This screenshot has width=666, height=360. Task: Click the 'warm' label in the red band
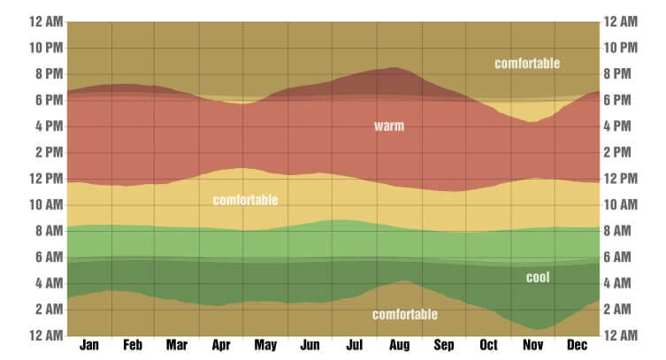[388, 126]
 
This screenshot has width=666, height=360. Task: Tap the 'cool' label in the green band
[538, 278]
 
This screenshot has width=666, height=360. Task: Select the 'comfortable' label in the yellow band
[245, 201]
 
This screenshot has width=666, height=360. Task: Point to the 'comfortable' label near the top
[527, 64]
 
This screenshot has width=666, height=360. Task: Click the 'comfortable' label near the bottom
[405, 314]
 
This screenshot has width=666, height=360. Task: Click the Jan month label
[88, 344]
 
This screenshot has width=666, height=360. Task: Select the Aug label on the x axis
[400, 344]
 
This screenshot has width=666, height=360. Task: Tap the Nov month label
[533, 344]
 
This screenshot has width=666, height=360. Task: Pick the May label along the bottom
[266, 344]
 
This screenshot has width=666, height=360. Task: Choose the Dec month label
[578, 344]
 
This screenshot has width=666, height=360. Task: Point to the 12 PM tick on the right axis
[622, 179]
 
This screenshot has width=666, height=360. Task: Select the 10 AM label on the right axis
[622, 205]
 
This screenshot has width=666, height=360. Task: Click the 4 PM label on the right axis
[622, 126]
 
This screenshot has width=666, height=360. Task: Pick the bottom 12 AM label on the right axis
[622, 335]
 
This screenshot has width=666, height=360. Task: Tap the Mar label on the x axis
[177, 344]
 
